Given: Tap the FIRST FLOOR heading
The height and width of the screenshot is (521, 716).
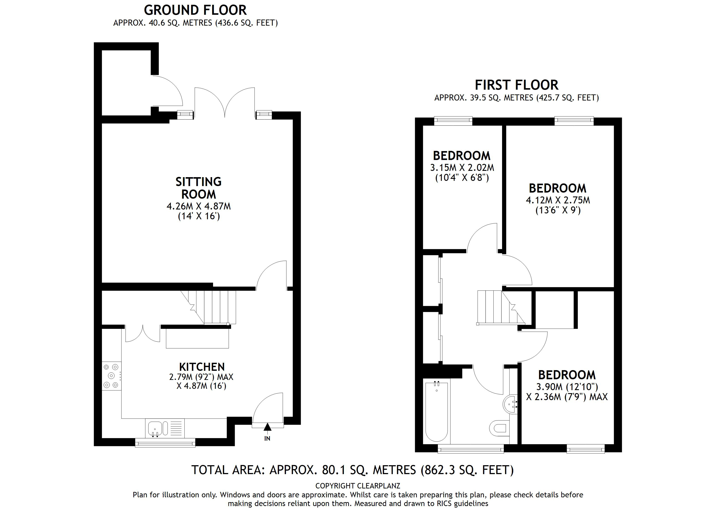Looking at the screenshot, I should [x=516, y=85].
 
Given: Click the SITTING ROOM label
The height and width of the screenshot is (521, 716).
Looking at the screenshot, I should [x=199, y=188].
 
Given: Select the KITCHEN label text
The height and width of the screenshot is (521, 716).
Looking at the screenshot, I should [x=202, y=367].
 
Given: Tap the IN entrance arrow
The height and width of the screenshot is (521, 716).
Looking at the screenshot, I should [x=267, y=427].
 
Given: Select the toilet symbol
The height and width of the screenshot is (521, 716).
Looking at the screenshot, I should [x=500, y=428].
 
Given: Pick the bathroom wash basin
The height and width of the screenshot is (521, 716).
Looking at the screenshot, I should [x=510, y=404].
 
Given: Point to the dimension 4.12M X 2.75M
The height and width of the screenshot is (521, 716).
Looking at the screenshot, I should [x=558, y=200].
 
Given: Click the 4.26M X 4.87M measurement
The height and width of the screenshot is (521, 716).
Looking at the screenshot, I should [x=199, y=206].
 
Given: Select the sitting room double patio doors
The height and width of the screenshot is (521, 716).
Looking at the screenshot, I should [x=225, y=103].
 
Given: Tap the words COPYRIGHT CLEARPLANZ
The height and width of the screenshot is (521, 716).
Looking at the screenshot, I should [x=358, y=486].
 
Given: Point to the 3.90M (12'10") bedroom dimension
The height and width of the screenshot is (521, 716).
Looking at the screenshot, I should [x=567, y=387].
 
